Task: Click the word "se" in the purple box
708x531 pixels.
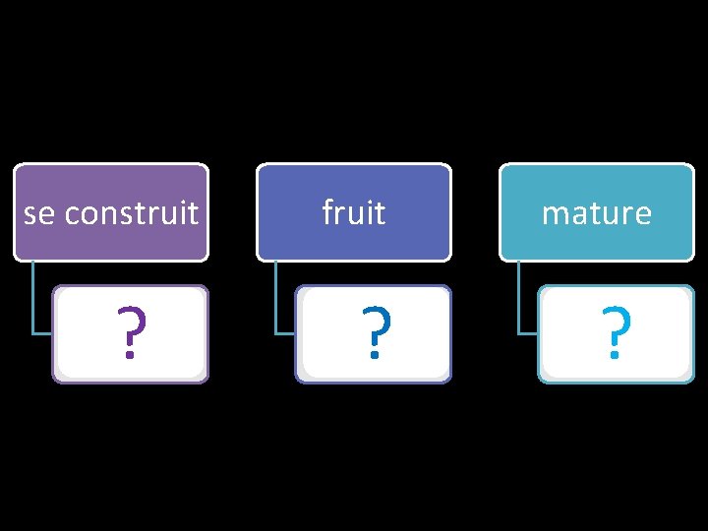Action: pyautogui.click(x=38, y=213)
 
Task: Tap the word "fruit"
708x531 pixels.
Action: pyautogui.click(x=353, y=212)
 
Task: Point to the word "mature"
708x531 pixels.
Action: pyautogui.click(x=596, y=213)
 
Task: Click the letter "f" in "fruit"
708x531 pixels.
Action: pyautogui.click(x=327, y=211)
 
